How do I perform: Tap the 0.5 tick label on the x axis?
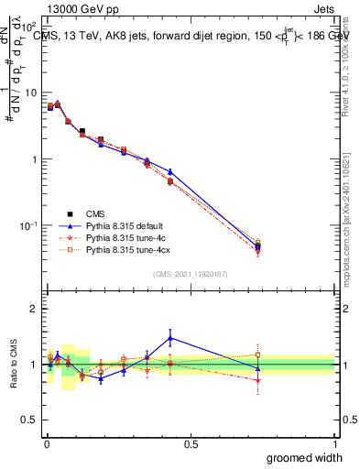191,443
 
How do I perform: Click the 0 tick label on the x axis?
47,443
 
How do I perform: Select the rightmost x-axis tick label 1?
334,443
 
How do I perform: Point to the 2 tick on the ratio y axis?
34,309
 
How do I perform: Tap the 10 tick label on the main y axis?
30,93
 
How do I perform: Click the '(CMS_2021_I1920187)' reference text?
191,273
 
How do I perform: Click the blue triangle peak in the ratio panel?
170,338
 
